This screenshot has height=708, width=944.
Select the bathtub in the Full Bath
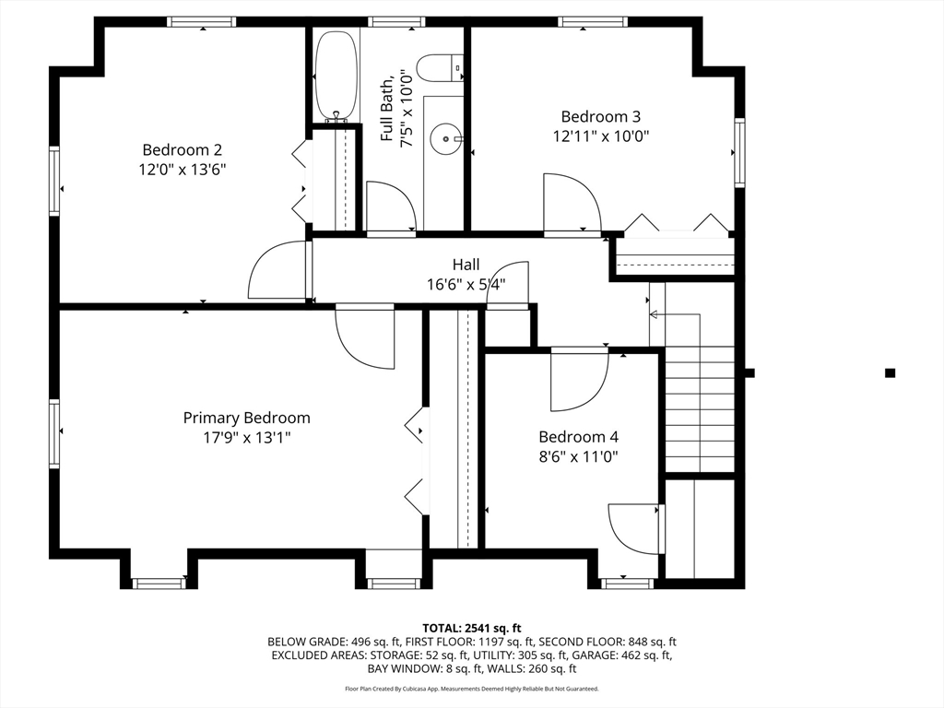(336, 76)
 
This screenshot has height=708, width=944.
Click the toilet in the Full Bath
(440, 68)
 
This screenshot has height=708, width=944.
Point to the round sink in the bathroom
(446, 139)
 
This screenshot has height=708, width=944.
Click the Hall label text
(466, 265)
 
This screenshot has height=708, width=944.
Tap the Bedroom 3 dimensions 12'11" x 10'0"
(601, 136)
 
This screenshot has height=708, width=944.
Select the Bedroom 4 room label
(579, 436)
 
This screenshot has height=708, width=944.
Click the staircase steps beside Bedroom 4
(700, 408)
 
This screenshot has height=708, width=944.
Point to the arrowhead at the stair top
(654, 314)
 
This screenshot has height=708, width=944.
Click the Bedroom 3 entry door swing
(572, 202)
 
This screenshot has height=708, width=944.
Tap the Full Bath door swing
(391, 206)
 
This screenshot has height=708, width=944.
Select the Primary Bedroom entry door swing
(365, 337)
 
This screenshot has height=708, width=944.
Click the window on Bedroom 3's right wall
(739, 152)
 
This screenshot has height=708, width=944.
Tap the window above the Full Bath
(395, 22)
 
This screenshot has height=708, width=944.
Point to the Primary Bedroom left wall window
(54, 433)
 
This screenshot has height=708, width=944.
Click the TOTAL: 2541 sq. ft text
(471, 629)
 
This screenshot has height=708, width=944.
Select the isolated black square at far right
(890, 372)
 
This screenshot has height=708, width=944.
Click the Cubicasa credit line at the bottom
(471, 688)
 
